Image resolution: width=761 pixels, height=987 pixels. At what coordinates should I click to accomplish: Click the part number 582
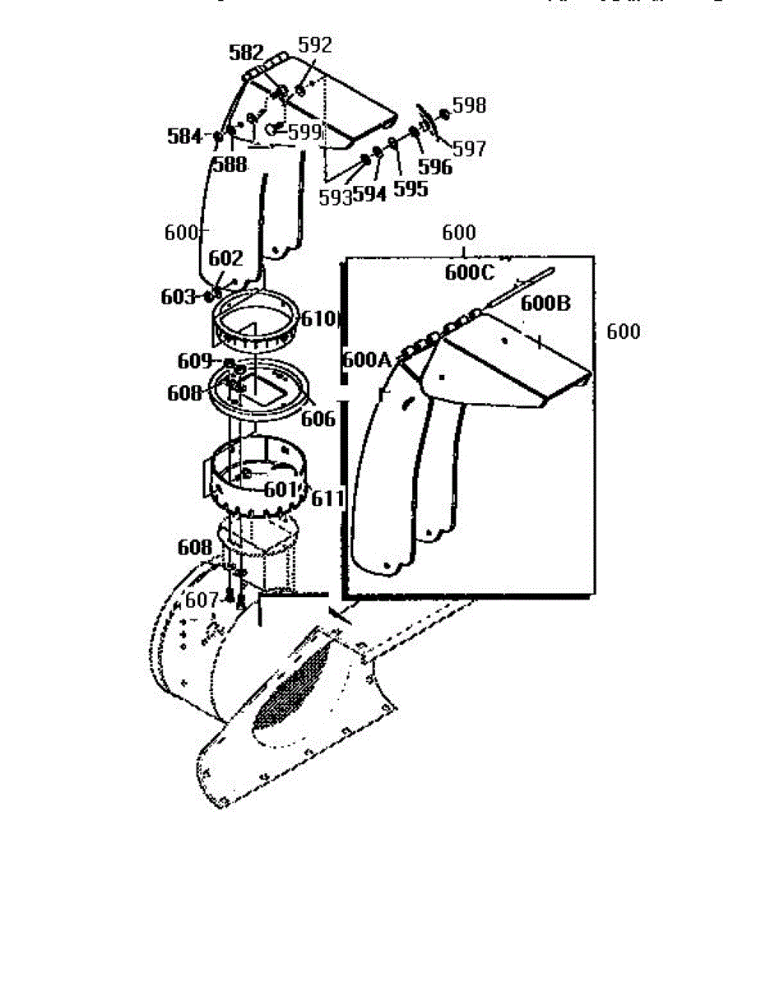[247, 53]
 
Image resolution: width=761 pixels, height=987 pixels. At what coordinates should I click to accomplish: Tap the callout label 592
[315, 45]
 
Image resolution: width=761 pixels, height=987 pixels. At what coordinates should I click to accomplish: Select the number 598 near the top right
[469, 105]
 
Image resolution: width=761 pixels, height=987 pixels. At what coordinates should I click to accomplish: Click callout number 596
[435, 167]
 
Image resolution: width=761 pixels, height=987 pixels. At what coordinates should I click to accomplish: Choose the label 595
[411, 188]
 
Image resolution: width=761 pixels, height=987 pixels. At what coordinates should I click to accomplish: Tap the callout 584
[184, 136]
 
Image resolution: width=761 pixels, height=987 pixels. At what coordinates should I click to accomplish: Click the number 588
[230, 164]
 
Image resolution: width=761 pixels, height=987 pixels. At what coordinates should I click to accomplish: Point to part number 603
[179, 296]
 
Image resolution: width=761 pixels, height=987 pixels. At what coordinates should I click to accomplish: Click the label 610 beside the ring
[319, 319]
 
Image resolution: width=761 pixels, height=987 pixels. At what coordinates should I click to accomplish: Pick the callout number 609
[195, 360]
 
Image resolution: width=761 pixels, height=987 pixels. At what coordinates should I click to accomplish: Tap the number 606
[318, 419]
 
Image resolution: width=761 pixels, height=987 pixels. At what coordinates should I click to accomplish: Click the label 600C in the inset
[470, 273]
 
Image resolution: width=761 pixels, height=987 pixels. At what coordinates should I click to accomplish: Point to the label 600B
[545, 303]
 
